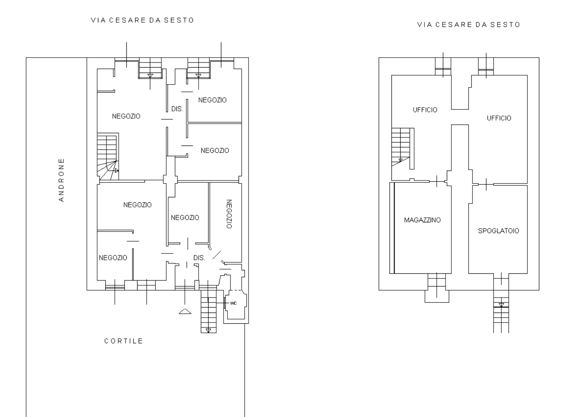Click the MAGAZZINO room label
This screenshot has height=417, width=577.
click(422, 220)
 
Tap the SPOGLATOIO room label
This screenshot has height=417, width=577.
click(498, 231)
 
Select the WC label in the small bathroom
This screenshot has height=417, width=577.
click(234, 303)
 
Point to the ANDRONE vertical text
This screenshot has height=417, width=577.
click(61, 180)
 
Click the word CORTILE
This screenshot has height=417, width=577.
click(123, 341)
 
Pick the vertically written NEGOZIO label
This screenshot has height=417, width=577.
click(229, 214)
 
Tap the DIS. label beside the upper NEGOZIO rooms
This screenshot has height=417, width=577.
click(177, 109)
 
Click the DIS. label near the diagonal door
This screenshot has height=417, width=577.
click(199, 258)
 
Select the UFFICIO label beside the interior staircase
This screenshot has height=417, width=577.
click(425, 110)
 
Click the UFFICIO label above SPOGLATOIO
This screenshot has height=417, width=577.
click(499, 118)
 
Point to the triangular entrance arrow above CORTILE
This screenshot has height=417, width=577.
click(185, 311)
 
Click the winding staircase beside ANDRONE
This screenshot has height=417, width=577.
click(108, 157)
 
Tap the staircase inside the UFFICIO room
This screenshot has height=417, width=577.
click(403, 149)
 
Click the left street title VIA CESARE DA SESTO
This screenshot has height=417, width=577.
click(143, 20)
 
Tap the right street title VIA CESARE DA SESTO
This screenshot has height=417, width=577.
click(469, 25)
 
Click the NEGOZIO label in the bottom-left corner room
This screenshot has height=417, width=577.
click(113, 258)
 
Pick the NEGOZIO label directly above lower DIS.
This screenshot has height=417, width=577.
click(185, 218)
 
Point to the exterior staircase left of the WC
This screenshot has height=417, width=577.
click(208, 311)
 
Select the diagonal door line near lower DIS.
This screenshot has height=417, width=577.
click(217, 255)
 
